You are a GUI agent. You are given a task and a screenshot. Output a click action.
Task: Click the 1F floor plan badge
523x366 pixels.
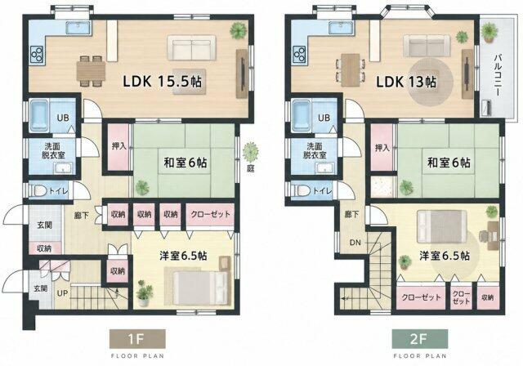click(x=137, y=339)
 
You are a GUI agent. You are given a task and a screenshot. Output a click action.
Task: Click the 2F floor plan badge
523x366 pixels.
click(x=419, y=339)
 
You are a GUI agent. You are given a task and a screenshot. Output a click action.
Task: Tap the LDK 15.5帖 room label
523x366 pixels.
click(x=162, y=82)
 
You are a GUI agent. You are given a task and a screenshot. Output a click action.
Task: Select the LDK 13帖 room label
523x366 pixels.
click(x=406, y=82)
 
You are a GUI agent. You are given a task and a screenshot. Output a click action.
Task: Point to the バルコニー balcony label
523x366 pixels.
click(x=497, y=74)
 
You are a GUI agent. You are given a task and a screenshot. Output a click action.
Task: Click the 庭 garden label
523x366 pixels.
click(x=251, y=168)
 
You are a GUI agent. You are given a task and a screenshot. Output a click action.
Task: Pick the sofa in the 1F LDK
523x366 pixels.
click(x=191, y=47)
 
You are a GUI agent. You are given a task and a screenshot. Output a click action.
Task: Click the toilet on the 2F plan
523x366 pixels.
click(x=302, y=190)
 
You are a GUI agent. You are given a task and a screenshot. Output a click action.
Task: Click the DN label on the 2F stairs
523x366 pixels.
click(x=355, y=243)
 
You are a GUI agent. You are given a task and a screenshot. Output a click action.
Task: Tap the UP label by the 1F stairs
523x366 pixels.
click(x=62, y=293)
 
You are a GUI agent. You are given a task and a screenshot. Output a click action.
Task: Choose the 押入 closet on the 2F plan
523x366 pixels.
click(x=382, y=148)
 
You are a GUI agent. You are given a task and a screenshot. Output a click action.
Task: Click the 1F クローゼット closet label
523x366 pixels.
click(x=211, y=214)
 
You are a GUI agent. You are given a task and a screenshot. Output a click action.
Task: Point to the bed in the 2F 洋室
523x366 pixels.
click(x=441, y=226)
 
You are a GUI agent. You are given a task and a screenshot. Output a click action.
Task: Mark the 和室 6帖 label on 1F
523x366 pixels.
click(x=186, y=163)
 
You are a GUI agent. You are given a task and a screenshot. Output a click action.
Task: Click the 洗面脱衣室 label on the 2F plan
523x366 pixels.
click(x=315, y=150)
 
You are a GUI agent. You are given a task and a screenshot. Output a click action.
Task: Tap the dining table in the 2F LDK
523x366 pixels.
click(x=351, y=70)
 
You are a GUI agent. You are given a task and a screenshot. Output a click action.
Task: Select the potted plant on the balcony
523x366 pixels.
click(x=489, y=33)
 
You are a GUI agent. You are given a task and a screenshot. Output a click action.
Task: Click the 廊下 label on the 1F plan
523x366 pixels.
click(x=82, y=216)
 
